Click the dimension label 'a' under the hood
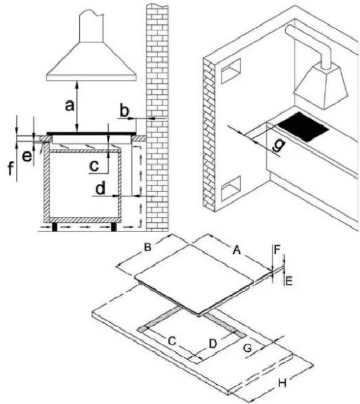[x=70, y=106]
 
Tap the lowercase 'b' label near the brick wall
[x=125, y=111]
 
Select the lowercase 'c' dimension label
[x=94, y=166]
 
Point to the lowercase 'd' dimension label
[x=100, y=188]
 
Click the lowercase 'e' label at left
[x=27, y=156]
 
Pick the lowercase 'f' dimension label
[x=10, y=169]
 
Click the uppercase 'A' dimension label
[x=236, y=249]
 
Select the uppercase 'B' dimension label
[x=147, y=247]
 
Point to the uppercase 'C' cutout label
[x=172, y=341]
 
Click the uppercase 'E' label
[x=289, y=281]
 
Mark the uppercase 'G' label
[x=248, y=348]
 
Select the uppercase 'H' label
[x=282, y=383]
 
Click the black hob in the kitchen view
[x=303, y=127]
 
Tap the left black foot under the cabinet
[x=55, y=227]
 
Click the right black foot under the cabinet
[x=113, y=227]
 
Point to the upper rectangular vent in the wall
[x=231, y=70]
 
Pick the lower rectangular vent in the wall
[x=231, y=188]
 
